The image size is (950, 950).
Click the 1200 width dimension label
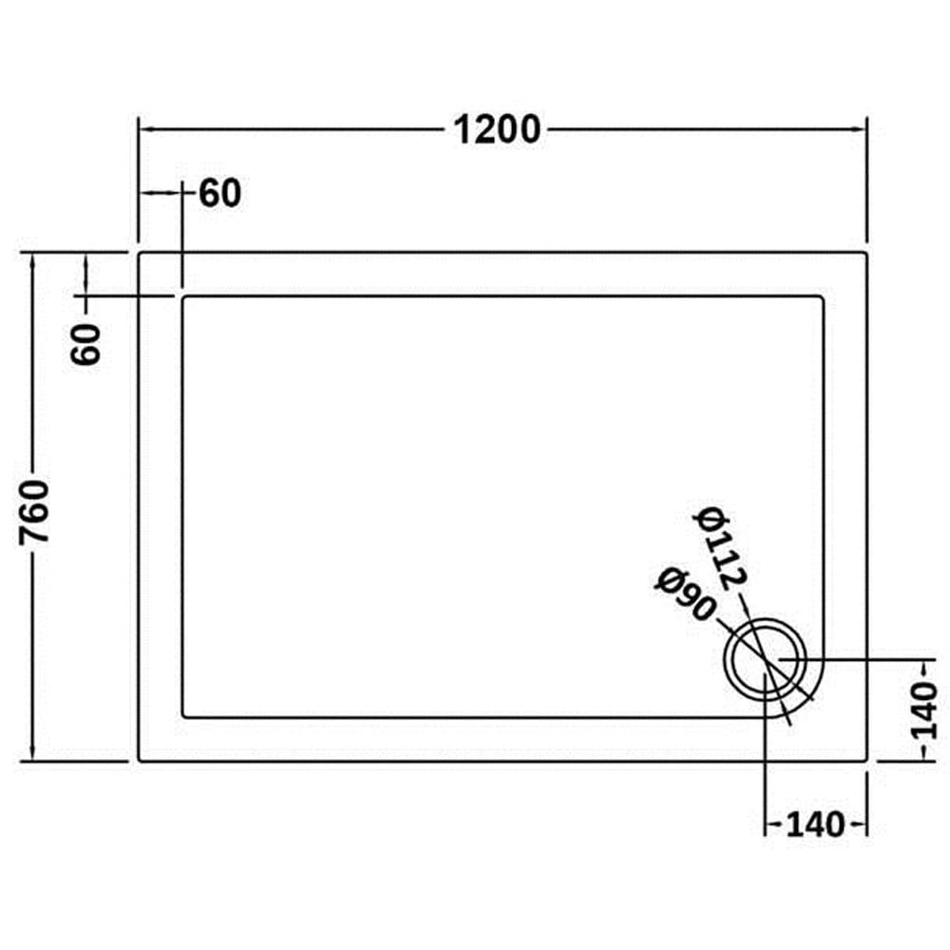(495, 128)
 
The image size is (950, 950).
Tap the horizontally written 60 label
(220, 194)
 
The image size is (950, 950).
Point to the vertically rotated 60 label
(86, 344)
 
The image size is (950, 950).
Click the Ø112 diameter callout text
(725, 549)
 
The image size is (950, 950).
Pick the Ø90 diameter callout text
(685, 595)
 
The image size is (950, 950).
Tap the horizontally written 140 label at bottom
(815, 825)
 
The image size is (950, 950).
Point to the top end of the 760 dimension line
(34, 254)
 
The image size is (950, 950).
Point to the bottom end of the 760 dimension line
(34, 760)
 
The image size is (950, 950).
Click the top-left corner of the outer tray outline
(140, 254)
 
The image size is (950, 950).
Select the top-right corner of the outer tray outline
(866, 254)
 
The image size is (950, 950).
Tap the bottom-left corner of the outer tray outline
(140, 760)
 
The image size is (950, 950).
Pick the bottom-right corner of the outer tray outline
(866, 760)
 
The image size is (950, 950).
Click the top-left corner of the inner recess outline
(183, 297)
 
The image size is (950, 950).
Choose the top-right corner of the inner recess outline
(823, 297)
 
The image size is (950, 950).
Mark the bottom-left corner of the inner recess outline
(183, 716)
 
